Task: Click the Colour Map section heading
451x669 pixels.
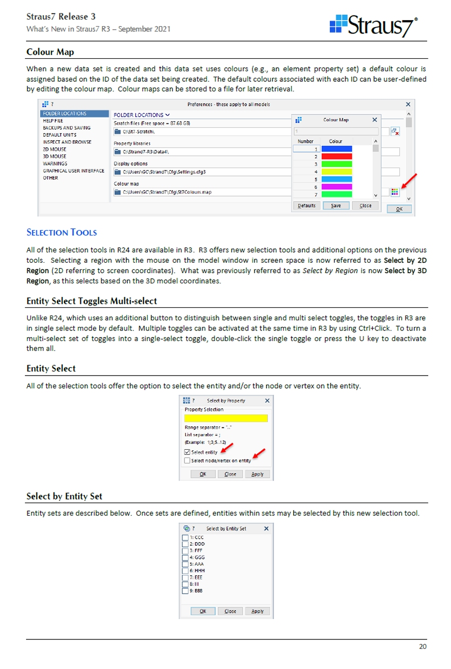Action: [50, 52]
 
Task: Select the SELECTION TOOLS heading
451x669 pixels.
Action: [62, 233]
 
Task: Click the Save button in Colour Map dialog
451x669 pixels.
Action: [336, 206]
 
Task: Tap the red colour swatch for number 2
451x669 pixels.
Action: [337, 156]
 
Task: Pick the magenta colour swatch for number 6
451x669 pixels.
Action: [337, 187]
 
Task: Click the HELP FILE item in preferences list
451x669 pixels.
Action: [53, 121]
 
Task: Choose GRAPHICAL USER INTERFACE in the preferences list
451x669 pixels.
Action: [74, 171]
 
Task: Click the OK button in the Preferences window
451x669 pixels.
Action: [399, 209]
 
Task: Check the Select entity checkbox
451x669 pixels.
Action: [187, 452]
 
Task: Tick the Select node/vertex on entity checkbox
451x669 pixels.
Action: [187, 460]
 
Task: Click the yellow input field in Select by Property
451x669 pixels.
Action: [226, 418]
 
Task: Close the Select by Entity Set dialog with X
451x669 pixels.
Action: [266, 529]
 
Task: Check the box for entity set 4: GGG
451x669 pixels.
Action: [185, 557]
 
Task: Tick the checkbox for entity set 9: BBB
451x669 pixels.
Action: [185, 591]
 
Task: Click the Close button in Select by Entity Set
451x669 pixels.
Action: [231, 611]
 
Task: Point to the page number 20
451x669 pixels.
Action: [423, 646]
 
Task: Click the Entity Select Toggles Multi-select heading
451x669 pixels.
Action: [92, 301]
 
